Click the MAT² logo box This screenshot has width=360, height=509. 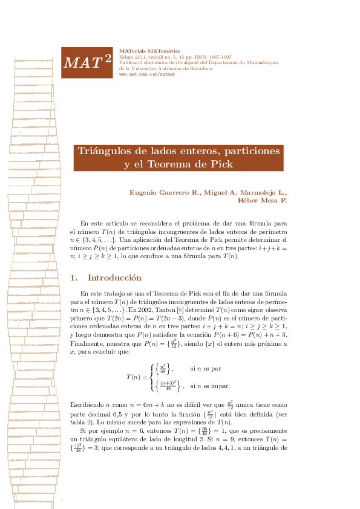(x=87, y=62)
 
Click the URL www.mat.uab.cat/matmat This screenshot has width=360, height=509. (x=147, y=74)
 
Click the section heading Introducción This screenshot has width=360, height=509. (x=114, y=278)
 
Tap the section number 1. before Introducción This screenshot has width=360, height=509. (x=74, y=278)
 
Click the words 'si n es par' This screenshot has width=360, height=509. (x=206, y=368)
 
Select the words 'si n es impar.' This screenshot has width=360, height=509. (x=210, y=386)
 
